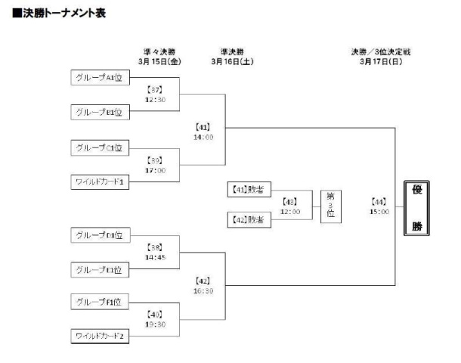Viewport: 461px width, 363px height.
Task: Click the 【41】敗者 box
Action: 249,190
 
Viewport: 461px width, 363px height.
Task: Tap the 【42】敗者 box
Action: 249,219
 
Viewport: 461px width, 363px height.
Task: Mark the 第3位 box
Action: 330,205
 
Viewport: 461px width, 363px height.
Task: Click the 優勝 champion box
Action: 416,207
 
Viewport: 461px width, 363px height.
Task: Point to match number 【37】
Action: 154,89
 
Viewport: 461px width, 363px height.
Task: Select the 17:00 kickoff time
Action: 154,169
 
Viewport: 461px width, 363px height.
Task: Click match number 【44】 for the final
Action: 379,202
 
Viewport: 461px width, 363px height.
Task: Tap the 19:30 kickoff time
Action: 154,324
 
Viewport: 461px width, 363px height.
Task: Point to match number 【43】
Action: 290,202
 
